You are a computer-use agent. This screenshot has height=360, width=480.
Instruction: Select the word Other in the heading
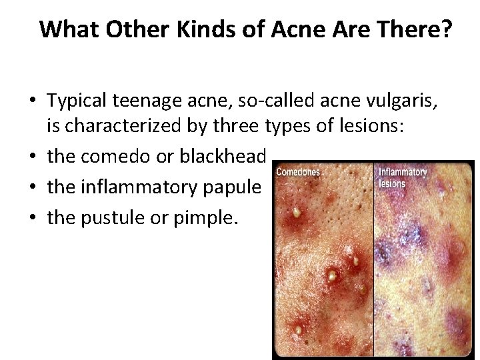(125, 30)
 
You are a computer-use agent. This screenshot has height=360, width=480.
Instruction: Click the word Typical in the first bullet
(77, 101)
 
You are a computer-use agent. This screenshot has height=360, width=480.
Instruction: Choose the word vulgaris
(409, 101)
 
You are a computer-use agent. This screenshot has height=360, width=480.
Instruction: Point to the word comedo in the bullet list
(113, 156)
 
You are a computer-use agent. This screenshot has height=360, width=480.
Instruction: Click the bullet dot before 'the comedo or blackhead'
(33, 157)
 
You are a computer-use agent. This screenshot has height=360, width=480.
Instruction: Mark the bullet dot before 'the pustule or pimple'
(33, 218)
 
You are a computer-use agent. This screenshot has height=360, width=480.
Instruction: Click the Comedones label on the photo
(298, 173)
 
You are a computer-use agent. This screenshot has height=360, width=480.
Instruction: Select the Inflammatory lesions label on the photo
(402, 178)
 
